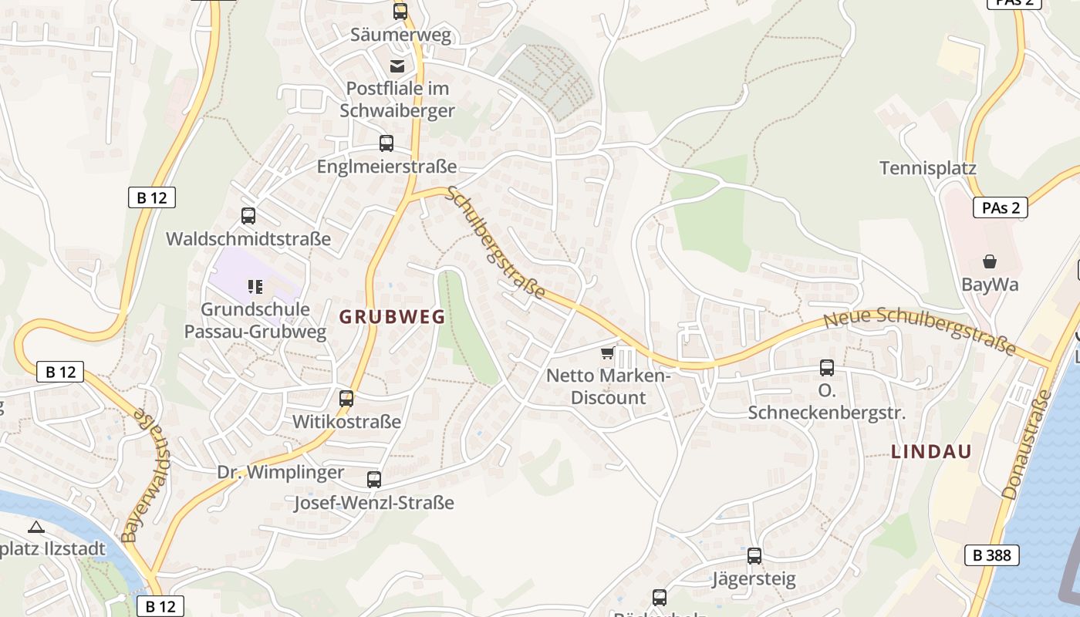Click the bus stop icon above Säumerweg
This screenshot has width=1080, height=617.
(x=400, y=11)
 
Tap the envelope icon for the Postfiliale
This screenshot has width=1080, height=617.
(x=397, y=66)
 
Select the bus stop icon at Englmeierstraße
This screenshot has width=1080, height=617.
(x=386, y=143)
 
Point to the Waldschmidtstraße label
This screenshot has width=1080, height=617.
(x=248, y=239)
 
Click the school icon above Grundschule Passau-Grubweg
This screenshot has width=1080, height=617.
(x=255, y=288)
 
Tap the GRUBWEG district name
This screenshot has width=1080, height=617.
(x=392, y=317)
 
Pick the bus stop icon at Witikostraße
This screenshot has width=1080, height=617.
(x=346, y=399)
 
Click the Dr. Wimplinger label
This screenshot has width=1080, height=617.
(x=280, y=473)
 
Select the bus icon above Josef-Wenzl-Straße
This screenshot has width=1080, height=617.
(x=374, y=480)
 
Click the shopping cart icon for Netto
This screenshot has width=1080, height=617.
(x=607, y=353)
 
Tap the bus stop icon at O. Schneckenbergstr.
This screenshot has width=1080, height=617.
(x=827, y=368)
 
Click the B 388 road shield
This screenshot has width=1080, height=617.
(x=991, y=555)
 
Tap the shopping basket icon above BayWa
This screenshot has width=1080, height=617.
(x=990, y=261)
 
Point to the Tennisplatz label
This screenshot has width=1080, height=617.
(x=928, y=168)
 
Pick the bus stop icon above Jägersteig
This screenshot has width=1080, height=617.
(x=754, y=556)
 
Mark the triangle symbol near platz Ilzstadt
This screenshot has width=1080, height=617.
(x=35, y=528)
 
